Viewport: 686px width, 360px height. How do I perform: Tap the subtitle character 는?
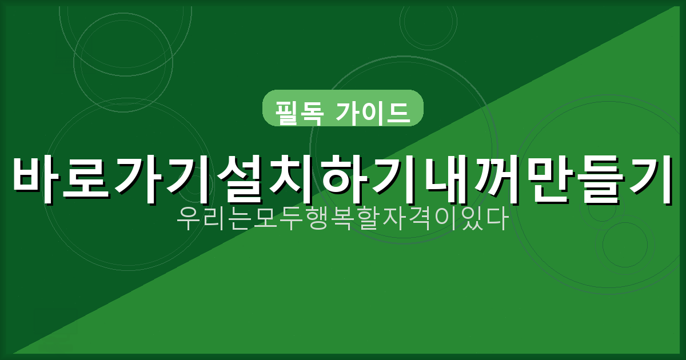click(240, 219)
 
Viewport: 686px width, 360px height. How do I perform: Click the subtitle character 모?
click(265, 219)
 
